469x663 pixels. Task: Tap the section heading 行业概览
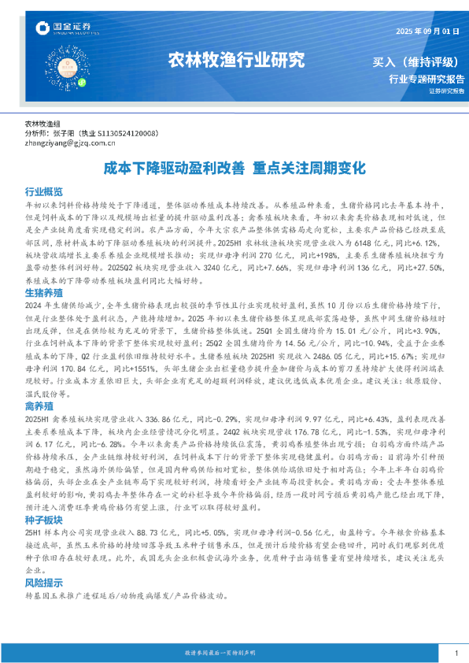pos(44,191)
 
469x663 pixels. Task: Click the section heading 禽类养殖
pos(39,406)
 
